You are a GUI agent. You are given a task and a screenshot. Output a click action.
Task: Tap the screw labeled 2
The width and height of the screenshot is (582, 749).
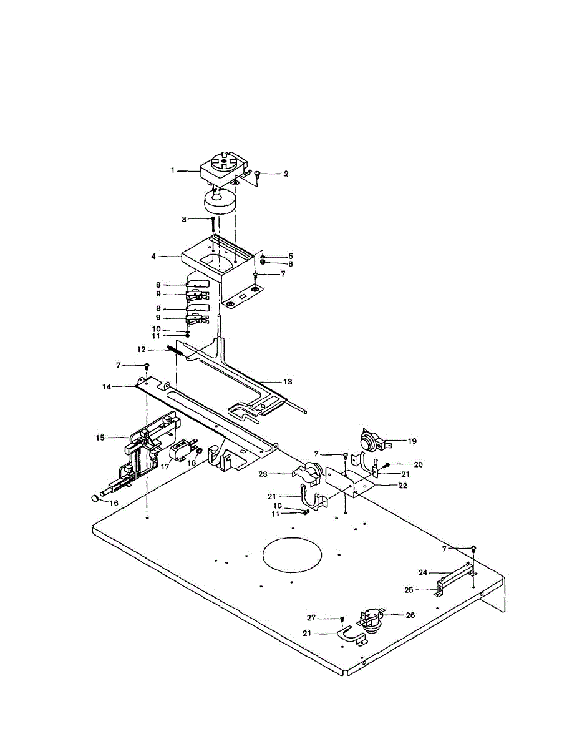[x=257, y=177]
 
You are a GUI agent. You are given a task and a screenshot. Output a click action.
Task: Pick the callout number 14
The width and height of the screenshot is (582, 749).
[x=107, y=387]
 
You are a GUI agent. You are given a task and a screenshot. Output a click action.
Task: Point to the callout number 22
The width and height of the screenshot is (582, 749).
[x=403, y=486]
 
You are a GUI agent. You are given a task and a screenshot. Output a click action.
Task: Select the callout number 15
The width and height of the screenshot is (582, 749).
[x=100, y=438]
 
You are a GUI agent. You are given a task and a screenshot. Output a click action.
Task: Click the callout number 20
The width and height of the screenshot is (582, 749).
[x=417, y=464]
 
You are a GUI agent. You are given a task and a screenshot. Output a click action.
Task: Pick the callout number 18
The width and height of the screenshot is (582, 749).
[x=191, y=464]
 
